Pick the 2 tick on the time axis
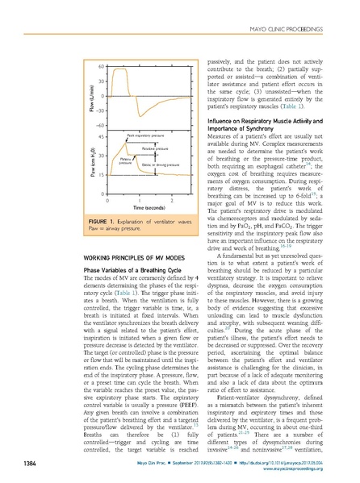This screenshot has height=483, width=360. (x=172, y=199)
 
